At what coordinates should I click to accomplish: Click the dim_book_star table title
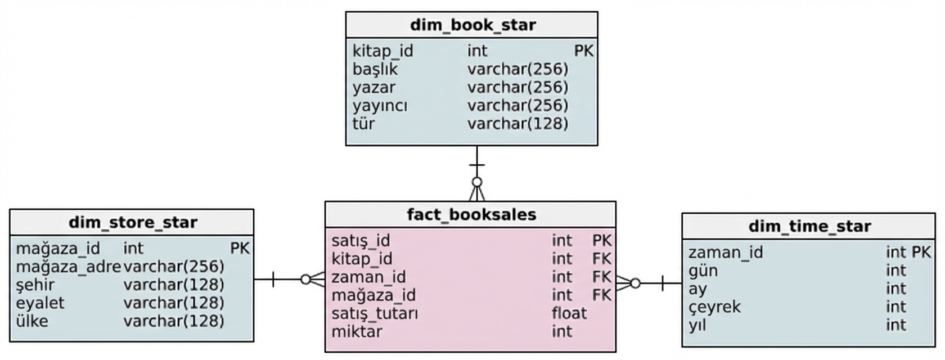(x=473, y=25)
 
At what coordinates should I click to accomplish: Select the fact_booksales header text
(x=471, y=215)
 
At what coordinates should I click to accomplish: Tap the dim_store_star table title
(x=133, y=223)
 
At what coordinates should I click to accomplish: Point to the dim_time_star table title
(x=809, y=227)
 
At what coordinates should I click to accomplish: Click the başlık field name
(x=375, y=69)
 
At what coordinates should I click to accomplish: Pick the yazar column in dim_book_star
(x=374, y=88)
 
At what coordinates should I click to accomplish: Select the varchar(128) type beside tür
(x=517, y=124)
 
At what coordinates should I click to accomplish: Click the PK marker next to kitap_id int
(x=584, y=51)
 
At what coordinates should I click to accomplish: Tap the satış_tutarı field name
(x=375, y=313)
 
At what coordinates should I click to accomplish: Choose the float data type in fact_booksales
(x=569, y=313)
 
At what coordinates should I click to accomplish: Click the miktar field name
(x=357, y=332)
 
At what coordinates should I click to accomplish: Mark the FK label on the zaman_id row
(x=602, y=277)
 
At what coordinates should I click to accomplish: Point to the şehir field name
(x=35, y=285)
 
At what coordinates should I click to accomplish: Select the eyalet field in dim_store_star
(x=40, y=303)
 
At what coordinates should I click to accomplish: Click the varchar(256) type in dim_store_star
(x=174, y=267)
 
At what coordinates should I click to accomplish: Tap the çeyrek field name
(x=714, y=307)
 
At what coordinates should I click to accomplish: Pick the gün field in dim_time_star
(x=703, y=271)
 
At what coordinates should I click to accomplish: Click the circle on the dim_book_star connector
(x=477, y=182)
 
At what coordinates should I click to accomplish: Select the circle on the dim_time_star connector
(x=635, y=283)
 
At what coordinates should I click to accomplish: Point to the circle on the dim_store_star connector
(x=306, y=280)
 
